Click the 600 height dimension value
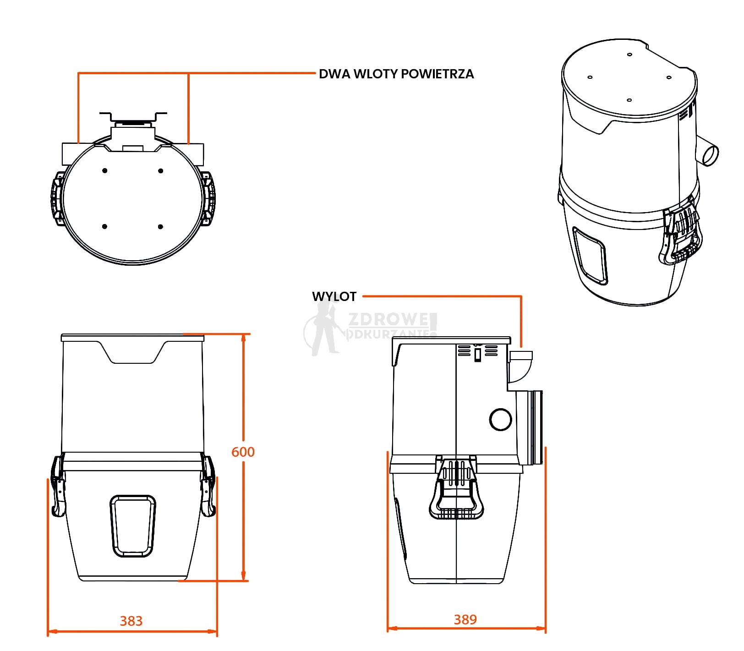(242, 452)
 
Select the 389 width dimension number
(465, 619)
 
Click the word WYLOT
(334, 296)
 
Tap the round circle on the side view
(500, 419)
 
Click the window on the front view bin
(133, 525)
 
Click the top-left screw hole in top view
(105, 171)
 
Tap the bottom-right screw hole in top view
(160, 227)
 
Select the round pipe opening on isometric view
(710, 154)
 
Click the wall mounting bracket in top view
(133, 117)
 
